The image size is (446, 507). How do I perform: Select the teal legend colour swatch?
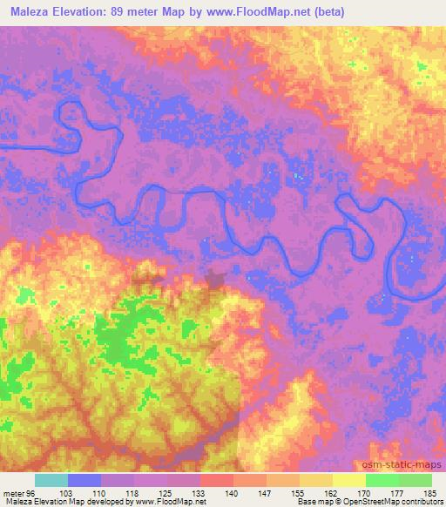point(51,480)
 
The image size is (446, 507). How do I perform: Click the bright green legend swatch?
point(382,480)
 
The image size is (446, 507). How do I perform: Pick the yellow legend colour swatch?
point(348,480)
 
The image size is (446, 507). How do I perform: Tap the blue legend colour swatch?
point(84,480)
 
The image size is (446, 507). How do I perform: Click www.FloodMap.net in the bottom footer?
point(172,502)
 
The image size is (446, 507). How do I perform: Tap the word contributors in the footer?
point(423,502)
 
